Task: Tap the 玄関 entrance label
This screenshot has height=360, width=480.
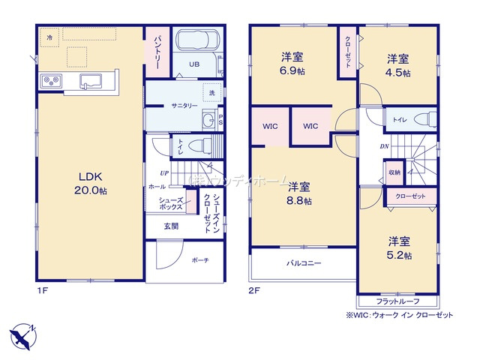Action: (x=171, y=226)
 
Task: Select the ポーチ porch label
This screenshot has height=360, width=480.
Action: (x=200, y=260)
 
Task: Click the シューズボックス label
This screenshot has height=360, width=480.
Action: (x=170, y=202)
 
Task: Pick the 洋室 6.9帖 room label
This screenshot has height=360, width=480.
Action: (x=292, y=63)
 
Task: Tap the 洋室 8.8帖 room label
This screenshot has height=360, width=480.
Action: (x=300, y=193)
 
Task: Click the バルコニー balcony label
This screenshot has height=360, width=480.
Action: (x=303, y=264)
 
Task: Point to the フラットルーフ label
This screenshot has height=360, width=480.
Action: (x=393, y=300)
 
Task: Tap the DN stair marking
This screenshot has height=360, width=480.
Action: (x=384, y=146)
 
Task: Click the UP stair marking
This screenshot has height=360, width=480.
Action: (x=163, y=172)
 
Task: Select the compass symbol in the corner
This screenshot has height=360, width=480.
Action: (x=22, y=333)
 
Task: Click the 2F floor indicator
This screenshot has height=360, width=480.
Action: (x=254, y=289)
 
